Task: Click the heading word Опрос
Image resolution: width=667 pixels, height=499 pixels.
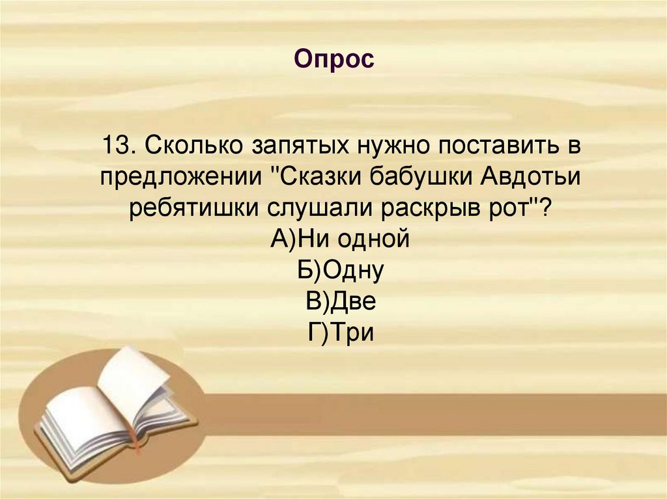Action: click(333, 60)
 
